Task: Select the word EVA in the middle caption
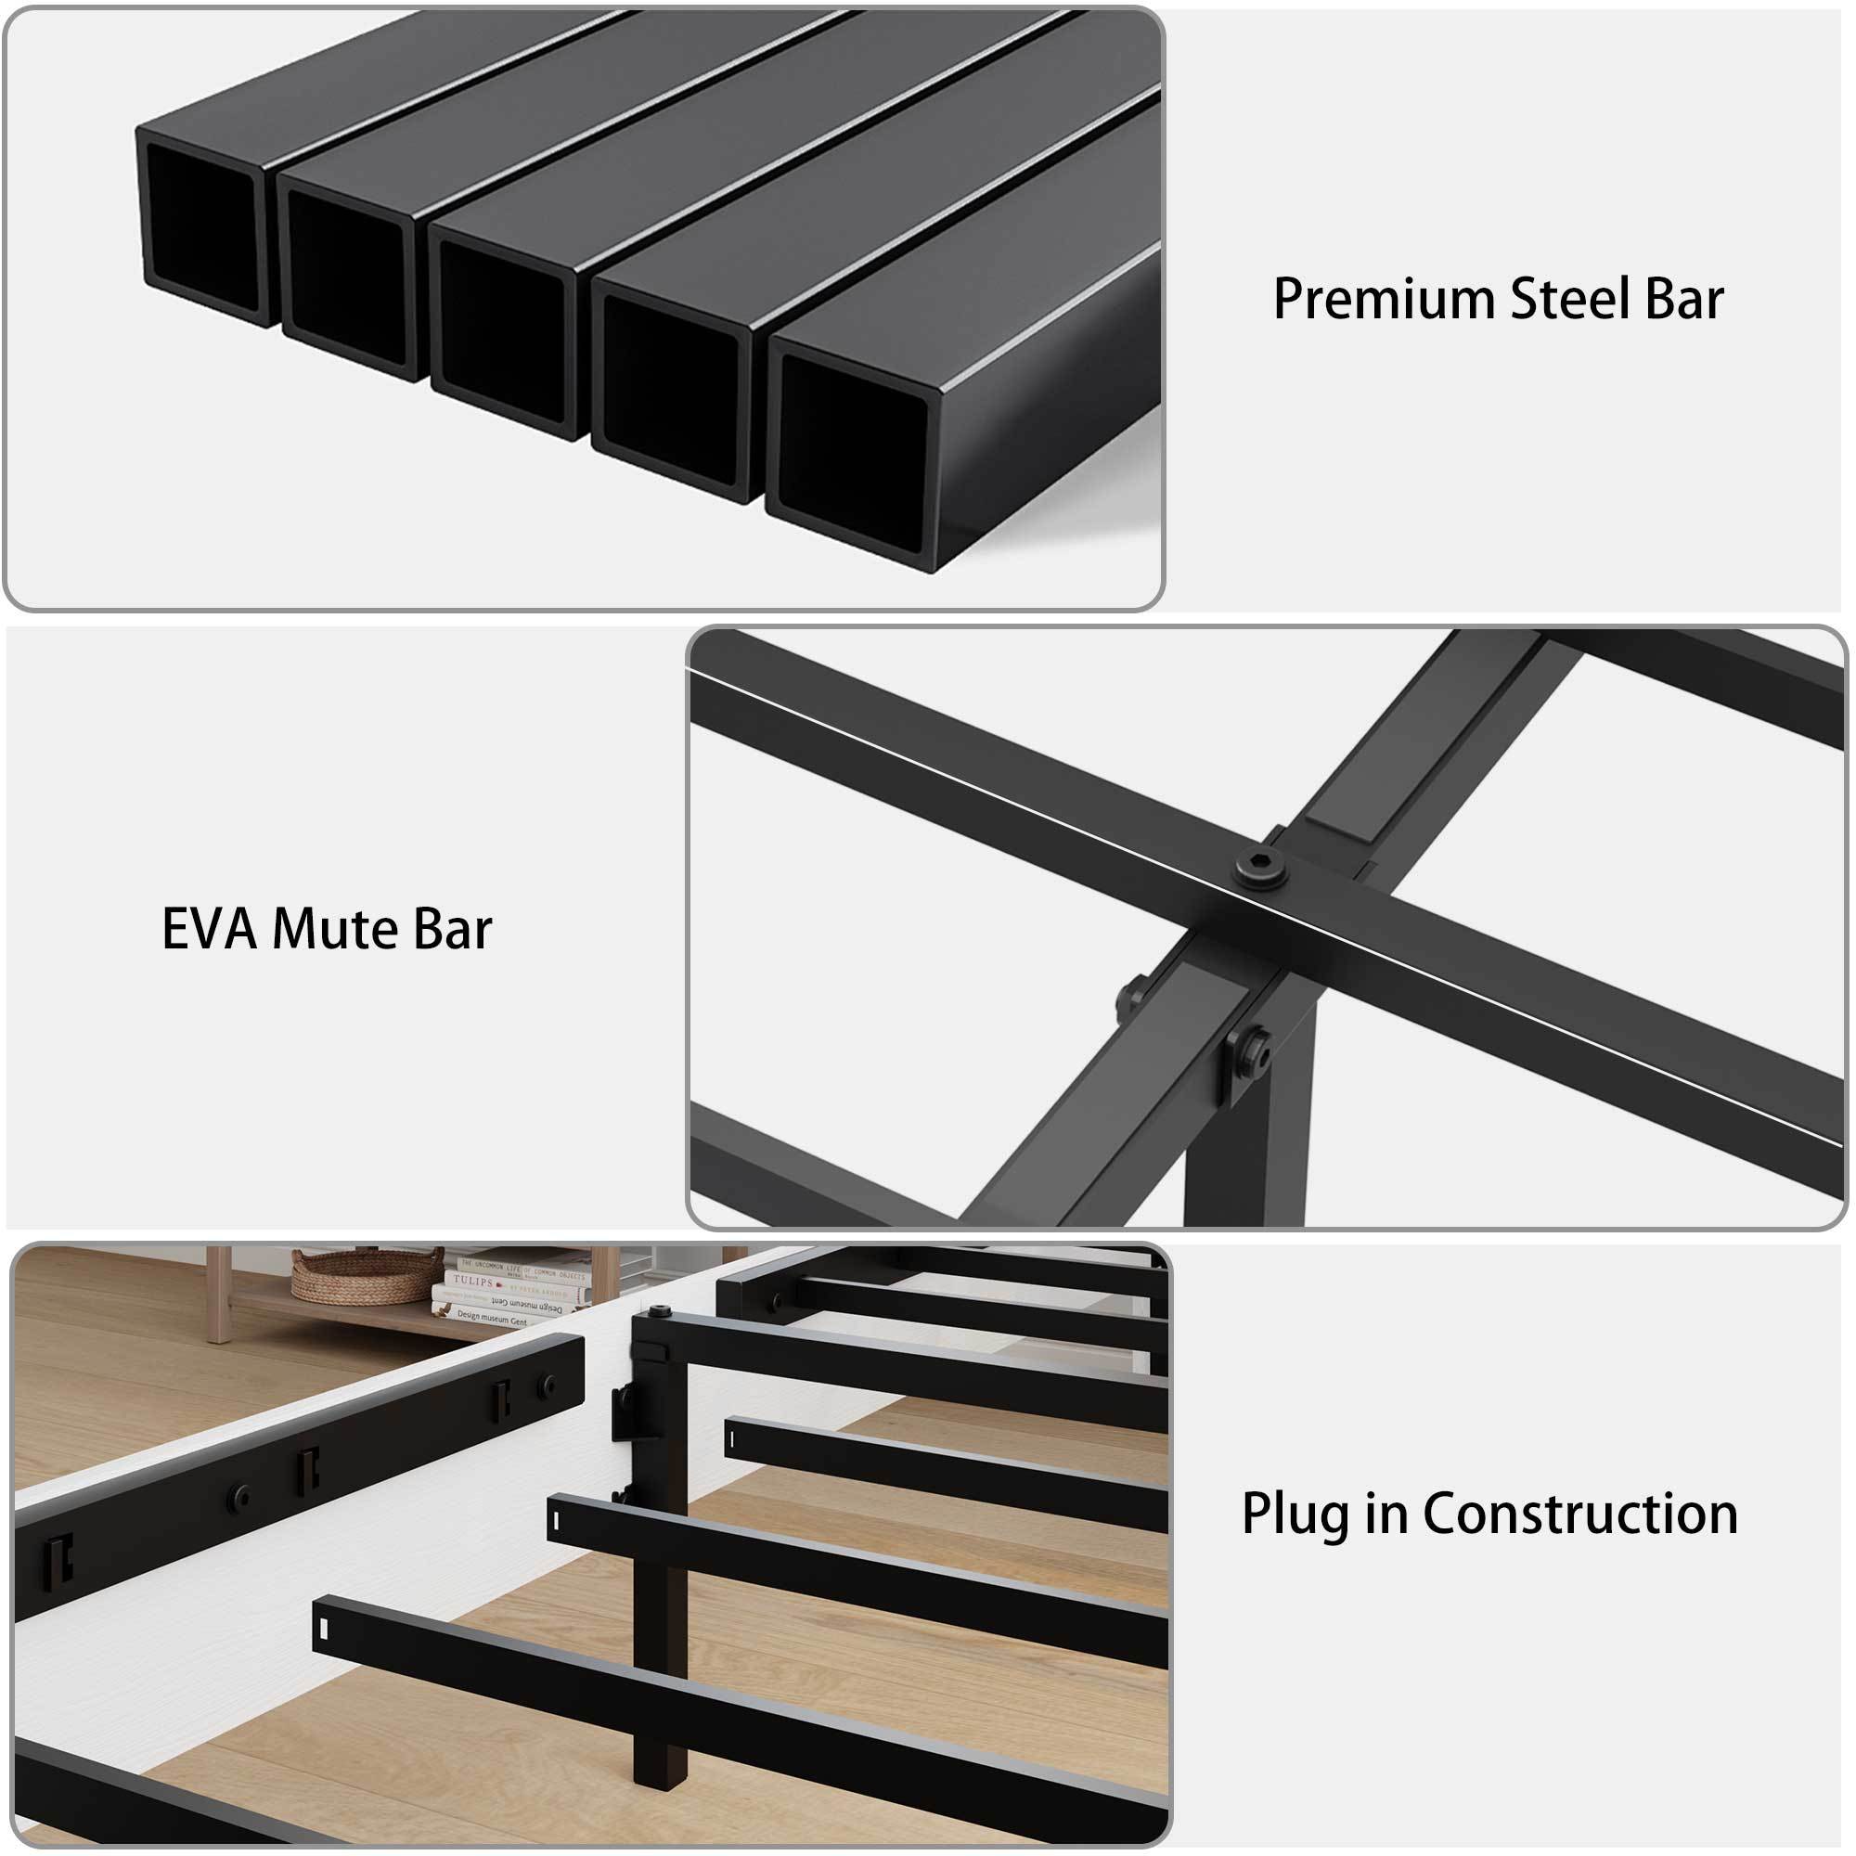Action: tap(211, 930)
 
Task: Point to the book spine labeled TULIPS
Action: tap(474, 1282)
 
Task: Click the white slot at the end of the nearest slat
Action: tap(325, 1628)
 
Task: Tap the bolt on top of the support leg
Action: tap(660, 1312)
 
